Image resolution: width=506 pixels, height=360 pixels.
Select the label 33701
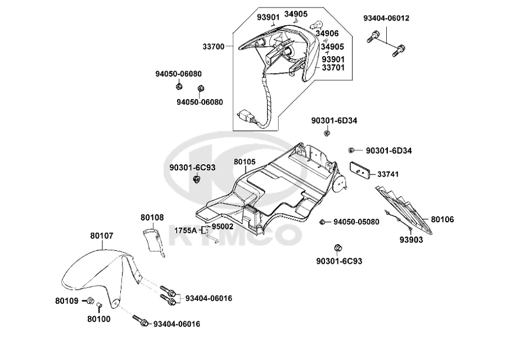333,67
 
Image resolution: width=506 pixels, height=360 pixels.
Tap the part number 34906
327,34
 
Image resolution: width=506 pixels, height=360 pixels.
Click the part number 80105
245,162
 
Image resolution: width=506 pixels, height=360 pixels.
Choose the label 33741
388,174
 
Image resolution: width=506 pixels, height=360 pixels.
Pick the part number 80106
443,219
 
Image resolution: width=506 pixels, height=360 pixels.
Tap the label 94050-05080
356,222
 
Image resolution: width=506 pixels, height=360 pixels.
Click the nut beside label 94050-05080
323,222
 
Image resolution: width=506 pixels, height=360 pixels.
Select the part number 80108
152,217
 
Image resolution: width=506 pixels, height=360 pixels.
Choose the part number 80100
99,319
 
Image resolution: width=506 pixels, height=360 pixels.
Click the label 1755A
185,230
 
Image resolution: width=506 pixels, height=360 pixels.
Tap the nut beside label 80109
90,300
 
